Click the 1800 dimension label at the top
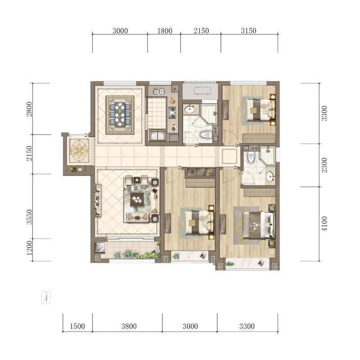pyautogui.click(x=165, y=31)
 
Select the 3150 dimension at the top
pyautogui.click(x=248, y=31)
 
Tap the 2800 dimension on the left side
pyautogui.click(x=29, y=109)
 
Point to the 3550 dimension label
pyautogui.click(x=29, y=217)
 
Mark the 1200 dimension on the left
pyautogui.click(x=29, y=248)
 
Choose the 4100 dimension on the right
pyautogui.click(x=324, y=224)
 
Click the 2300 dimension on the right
pyautogui.click(x=324, y=165)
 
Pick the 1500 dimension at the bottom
pyautogui.click(x=77, y=326)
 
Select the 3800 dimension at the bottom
pyautogui.click(x=129, y=326)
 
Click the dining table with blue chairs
pyautogui.click(x=120, y=114)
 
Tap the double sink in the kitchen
pyautogui.click(x=159, y=92)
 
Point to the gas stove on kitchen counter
pyautogui.click(x=172, y=113)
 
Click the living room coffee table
pyautogui.click(x=137, y=199)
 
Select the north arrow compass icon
pyautogui.click(x=46, y=297)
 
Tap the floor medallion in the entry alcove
pyautogui.click(x=79, y=150)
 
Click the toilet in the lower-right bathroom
pyautogui.click(x=251, y=157)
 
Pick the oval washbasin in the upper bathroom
pyautogui.click(x=189, y=109)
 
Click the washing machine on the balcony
pyautogui.click(x=100, y=247)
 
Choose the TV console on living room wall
pyautogui.click(x=98, y=200)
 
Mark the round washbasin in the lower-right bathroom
pyautogui.click(x=270, y=176)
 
